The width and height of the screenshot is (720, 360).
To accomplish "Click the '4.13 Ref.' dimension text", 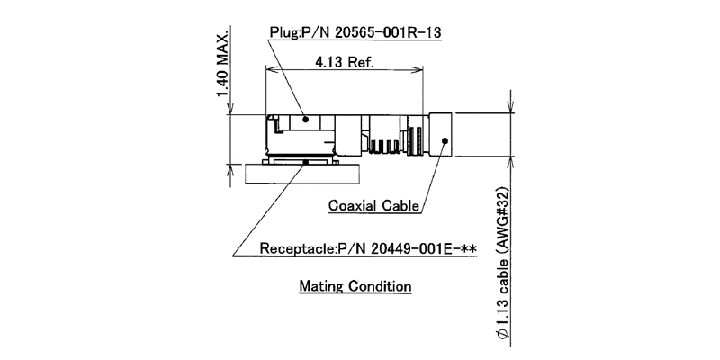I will pos(345,63).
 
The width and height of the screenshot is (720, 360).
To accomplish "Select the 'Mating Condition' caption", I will pos(355,287).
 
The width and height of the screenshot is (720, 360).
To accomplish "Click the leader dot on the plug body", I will pos(307,118).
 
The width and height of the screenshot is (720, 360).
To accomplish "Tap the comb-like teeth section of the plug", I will pos(384,144).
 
